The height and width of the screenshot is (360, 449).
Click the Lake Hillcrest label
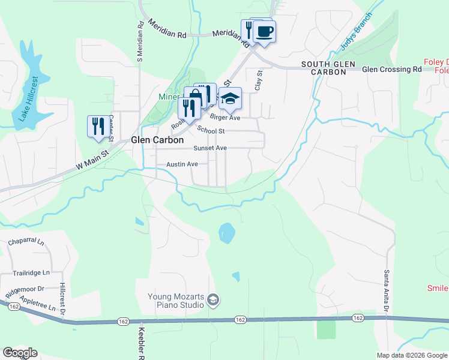click(x=28, y=99)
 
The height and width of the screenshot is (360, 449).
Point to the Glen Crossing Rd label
click(x=392, y=70)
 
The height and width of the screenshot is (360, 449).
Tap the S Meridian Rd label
click(x=140, y=42)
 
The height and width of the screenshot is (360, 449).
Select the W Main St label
click(x=91, y=154)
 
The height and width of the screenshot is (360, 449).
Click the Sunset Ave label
click(x=209, y=148)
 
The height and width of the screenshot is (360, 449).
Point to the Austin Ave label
click(x=182, y=164)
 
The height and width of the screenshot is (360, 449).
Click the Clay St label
click(x=259, y=81)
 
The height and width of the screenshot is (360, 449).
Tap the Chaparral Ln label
click(x=26, y=242)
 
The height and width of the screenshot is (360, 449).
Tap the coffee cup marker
click(x=264, y=31)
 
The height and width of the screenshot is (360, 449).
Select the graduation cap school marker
click(x=229, y=98)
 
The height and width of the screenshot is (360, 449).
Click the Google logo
click(x=20, y=353)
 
